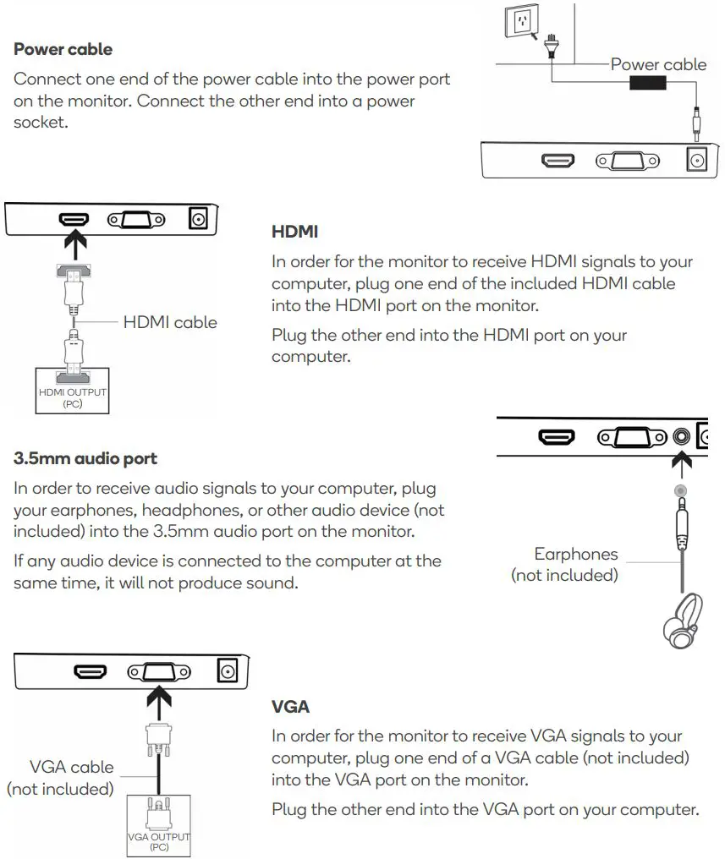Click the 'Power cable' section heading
tap(63, 49)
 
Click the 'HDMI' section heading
tap(294, 231)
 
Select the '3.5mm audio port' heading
tap(85, 459)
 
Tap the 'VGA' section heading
tap(289, 705)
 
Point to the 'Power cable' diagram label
tap(657, 64)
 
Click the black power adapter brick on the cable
tap(648, 82)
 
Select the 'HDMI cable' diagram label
tap(170, 322)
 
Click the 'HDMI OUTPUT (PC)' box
tap(73, 390)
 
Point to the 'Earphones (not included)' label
tap(565, 565)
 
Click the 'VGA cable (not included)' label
tap(61, 778)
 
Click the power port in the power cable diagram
tap(698, 159)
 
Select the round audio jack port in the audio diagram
tap(682, 437)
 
